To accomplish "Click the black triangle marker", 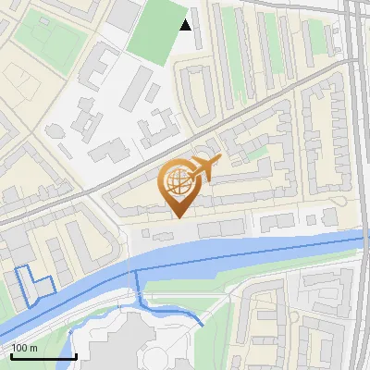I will (x=186, y=25).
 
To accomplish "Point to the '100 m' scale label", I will (x=25, y=348).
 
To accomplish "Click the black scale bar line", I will (x=43, y=356).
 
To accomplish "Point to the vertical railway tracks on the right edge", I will (x=357, y=139).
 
